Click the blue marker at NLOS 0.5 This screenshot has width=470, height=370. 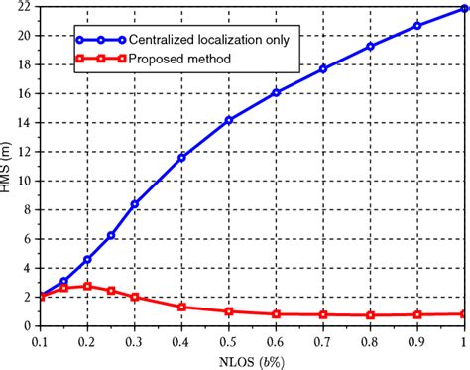pos(229,120)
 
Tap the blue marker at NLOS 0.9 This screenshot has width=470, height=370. pos(416,25)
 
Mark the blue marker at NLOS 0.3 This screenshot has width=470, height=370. pos(135,203)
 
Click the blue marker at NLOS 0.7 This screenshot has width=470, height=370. pos(323,68)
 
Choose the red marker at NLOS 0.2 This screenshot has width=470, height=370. pos(88,286)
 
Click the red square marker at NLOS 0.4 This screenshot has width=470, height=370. pos(181,307)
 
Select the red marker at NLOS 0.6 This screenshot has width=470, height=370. pos(276,313)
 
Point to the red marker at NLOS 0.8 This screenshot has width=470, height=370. pos(370,315)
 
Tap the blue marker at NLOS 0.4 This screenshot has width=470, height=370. pos(181,157)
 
